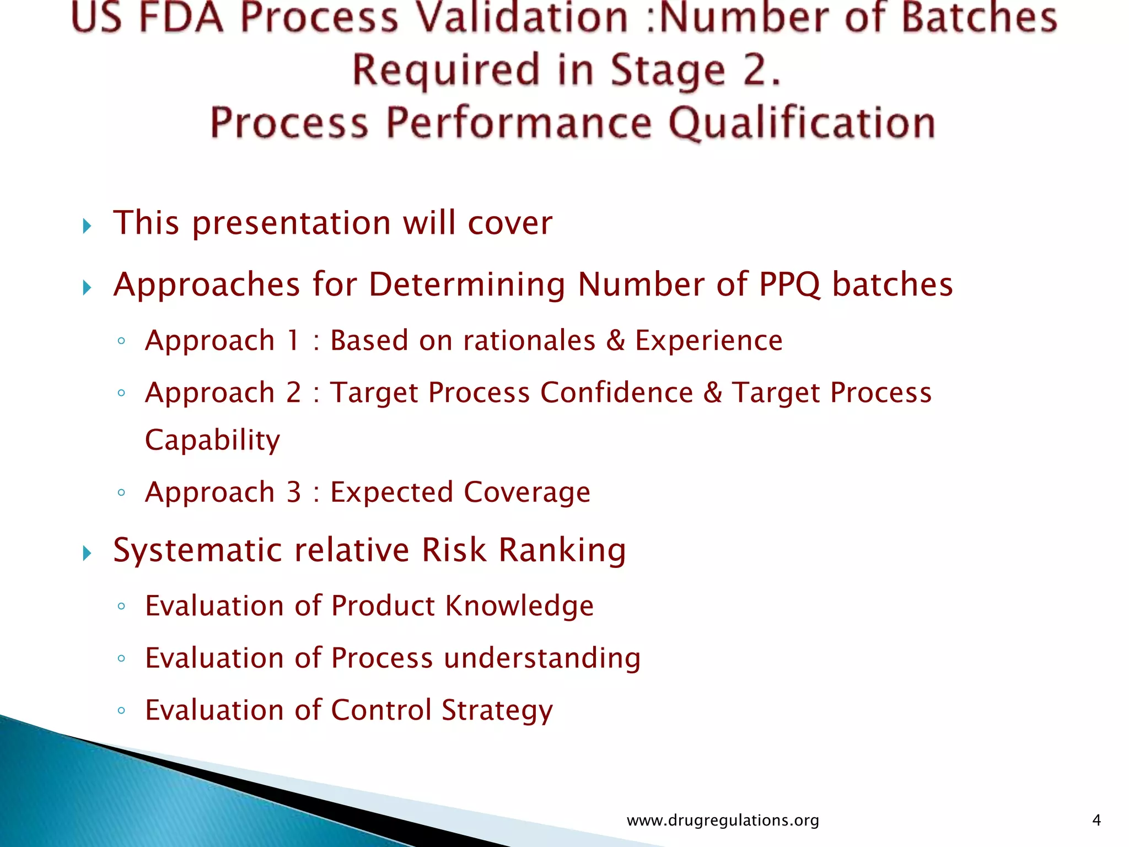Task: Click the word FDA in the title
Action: point(181,18)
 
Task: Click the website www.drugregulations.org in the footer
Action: point(723,821)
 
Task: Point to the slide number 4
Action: point(1096,821)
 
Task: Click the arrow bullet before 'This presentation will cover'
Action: point(87,226)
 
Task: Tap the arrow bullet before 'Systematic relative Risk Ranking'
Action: point(87,553)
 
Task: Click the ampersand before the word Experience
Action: point(615,340)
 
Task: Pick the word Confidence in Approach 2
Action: point(616,393)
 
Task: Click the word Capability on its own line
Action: point(213,441)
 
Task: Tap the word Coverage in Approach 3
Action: point(527,492)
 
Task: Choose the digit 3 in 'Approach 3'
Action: point(294,492)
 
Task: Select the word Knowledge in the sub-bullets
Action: point(519,606)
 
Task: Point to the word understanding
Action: point(542,658)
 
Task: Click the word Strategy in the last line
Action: point(497,710)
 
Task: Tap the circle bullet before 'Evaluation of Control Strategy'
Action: point(121,710)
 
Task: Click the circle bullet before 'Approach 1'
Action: point(121,341)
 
